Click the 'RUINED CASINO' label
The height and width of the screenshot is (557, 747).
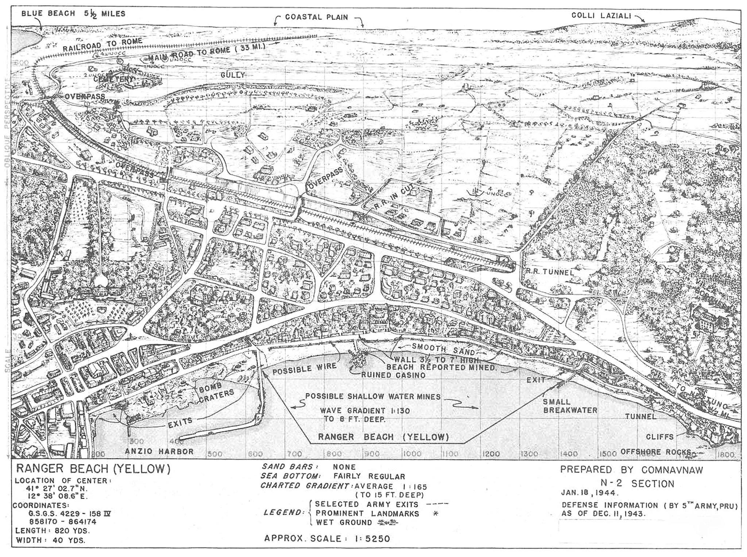point(393,375)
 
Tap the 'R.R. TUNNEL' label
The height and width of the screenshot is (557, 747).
point(549,272)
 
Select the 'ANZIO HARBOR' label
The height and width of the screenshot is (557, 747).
point(159,451)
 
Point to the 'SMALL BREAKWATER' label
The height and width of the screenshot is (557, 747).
point(570,406)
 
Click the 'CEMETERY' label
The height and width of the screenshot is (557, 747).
point(113,79)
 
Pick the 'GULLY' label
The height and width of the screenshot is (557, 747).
point(232,75)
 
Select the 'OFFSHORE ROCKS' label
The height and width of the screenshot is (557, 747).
point(655,452)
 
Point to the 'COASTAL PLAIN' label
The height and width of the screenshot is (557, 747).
point(316,17)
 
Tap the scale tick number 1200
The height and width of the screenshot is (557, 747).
point(490,454)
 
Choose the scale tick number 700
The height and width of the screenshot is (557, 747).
point(294,454)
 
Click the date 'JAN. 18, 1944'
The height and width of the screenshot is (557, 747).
point(589,493)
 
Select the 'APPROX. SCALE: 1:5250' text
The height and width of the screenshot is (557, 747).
point(327,538)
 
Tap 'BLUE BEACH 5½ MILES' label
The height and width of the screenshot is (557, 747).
point(73,14)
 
